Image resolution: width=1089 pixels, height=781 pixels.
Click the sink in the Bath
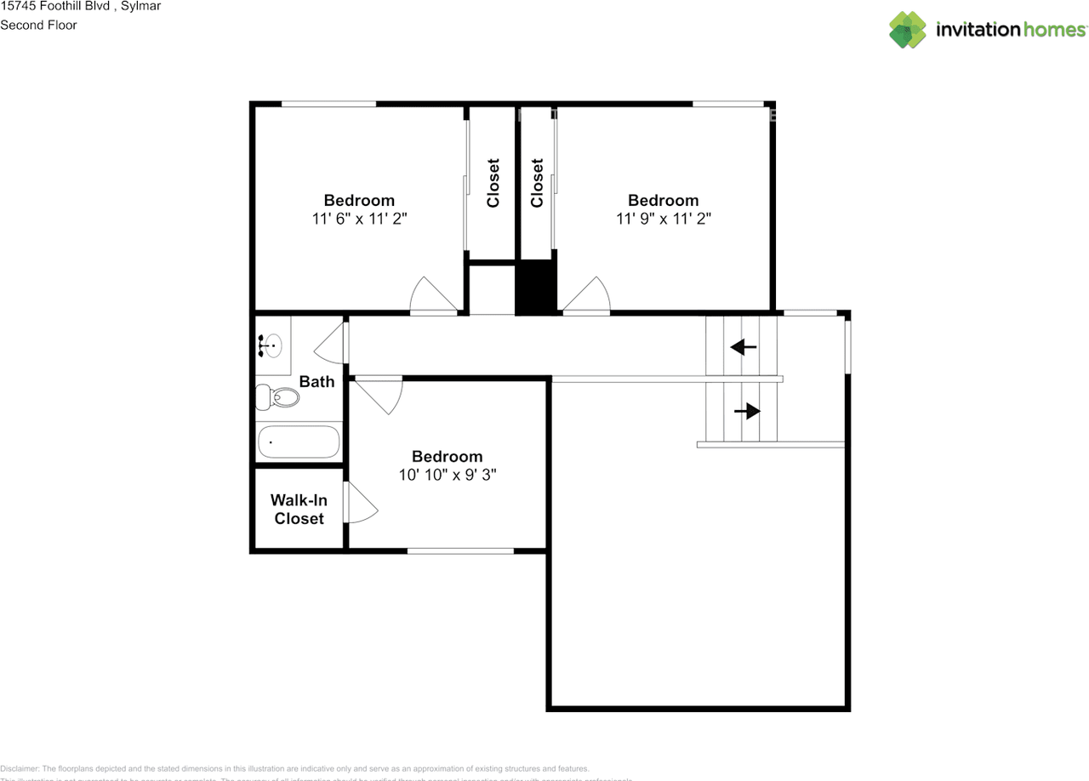271,345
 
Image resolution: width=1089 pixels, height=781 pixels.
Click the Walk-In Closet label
299,510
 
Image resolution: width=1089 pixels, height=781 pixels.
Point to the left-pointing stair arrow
744,347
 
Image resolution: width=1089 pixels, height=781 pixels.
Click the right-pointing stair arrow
747,412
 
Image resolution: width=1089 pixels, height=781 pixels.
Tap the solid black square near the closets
535,289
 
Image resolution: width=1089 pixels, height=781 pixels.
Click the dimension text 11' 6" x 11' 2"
359,219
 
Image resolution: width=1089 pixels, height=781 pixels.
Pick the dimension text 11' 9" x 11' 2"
664,219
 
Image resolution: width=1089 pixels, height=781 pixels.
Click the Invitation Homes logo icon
908,30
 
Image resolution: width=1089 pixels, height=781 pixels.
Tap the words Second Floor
38,25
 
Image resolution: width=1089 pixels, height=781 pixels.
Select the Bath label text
316,382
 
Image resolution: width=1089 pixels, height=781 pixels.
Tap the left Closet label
493,183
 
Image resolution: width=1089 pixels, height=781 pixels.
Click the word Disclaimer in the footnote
20,768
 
